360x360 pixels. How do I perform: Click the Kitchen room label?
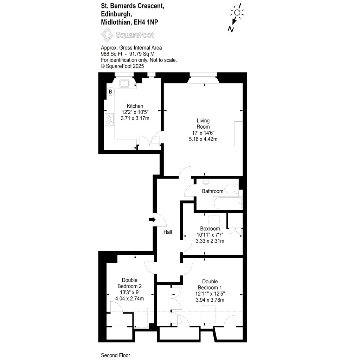coord(135,106)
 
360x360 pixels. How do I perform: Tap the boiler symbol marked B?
coord(110,92)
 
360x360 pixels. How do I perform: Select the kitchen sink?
coord(125,83)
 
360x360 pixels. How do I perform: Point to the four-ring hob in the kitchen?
coord(109,119)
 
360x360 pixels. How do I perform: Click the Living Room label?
coord(203,124)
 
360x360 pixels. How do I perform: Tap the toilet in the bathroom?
coord(231,189)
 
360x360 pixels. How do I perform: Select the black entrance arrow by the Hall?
coord(152,220)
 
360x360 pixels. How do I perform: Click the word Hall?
coord(168,232)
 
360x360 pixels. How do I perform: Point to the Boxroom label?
coord(210,229)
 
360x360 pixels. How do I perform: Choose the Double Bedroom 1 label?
coord(210,284)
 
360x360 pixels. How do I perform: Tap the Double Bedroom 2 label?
coord(129,283)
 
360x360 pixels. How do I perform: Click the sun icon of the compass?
coord(237,13)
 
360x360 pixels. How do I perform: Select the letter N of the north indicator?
coord(231,29)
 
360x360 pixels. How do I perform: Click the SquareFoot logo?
coord(128,35)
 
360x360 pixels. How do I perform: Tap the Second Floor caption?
coord(115,355)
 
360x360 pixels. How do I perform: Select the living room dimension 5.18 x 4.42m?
coord(203,139)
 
